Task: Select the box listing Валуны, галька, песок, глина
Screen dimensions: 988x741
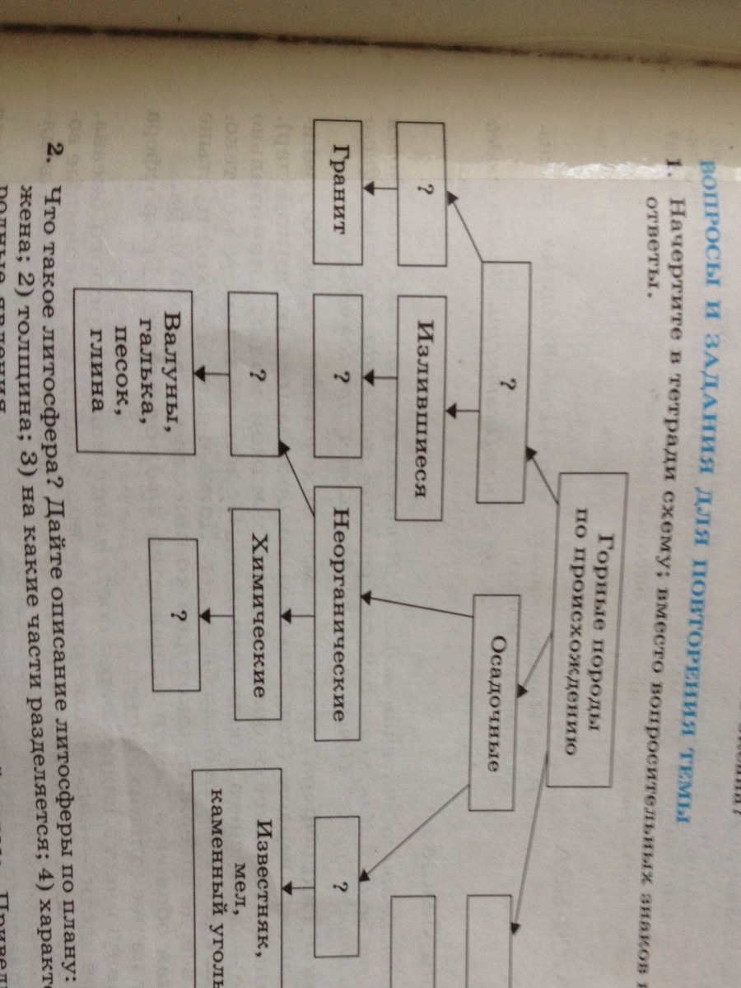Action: [133, 372]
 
